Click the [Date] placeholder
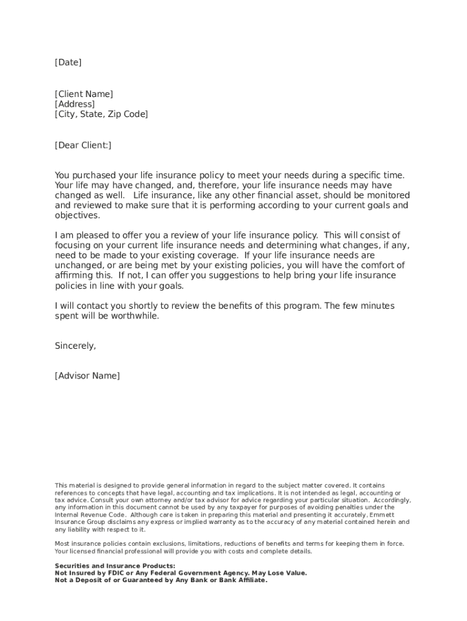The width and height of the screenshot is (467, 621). (68, 62)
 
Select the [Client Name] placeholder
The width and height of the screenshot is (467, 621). (84, 94)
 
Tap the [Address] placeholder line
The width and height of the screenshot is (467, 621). (75, 104)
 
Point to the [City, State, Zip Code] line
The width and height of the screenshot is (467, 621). (101, 114)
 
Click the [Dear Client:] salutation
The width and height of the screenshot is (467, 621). (83, 146)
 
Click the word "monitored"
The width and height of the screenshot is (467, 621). (389, 195)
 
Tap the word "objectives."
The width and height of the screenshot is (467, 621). (77, 215)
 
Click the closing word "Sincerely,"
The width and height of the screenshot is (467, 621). (75, 346)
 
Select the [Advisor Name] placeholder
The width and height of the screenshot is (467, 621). (87, 376)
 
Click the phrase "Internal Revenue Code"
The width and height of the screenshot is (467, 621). (87, 514)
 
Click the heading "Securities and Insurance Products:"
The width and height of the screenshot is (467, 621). (115, 566)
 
